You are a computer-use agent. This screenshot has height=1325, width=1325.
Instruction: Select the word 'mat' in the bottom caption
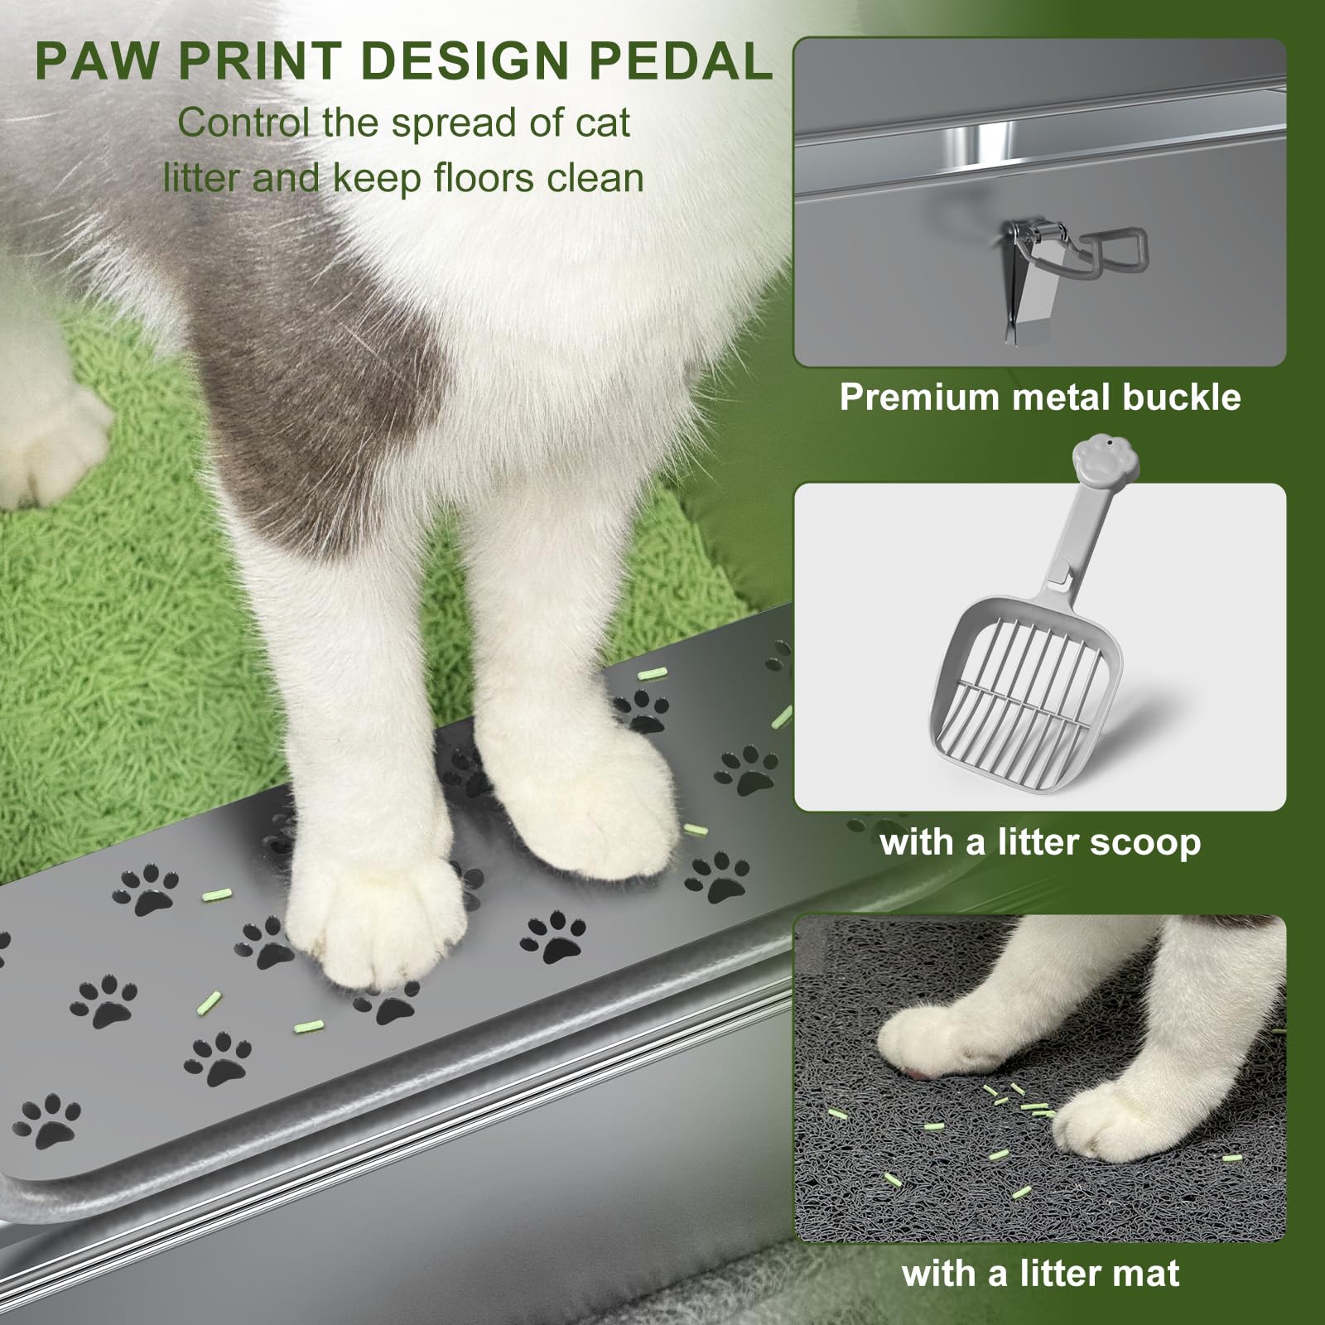coord(1146,1273)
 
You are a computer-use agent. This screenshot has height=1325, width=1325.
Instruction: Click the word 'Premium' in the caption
coord(919,397)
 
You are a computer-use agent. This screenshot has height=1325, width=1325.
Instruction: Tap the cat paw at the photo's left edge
coord(50,447)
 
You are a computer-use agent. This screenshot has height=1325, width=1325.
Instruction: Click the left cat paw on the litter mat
coord(936,1039)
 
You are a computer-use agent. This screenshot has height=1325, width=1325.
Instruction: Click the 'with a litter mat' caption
coord(1040,1273)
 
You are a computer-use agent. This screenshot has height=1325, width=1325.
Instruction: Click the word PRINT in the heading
coord(258,61)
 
